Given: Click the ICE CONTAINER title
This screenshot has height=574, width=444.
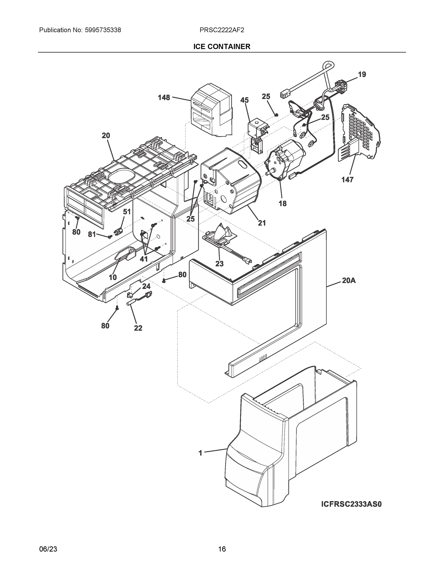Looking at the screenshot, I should pyautogui.click(x=222, y=47).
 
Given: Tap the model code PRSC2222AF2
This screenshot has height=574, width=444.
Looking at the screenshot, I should pyautogui.click(x=222, y=30).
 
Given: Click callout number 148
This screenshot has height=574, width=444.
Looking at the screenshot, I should pyautogui.click(x=164, y=98).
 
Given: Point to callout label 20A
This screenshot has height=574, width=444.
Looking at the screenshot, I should pyautogui.click(x=348, y=281).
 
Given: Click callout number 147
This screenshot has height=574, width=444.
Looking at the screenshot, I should pyautogui.click(x=347, y=180).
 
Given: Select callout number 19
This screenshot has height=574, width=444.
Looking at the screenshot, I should pyautogui.click(x=362, y=75).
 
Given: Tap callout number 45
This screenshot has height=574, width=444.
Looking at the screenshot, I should pyautogui.click(x=244, y=100).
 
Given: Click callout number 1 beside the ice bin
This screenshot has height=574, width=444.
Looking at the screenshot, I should pyautogui.click(x=200, y=453).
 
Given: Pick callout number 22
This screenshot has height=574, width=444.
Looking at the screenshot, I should pyautogui.click(x=138, y=328).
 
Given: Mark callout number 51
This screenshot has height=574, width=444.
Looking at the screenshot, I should pyautogui.click(x=127, y=212).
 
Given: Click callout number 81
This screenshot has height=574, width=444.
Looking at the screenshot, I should pyautogui.click(x=92, y=234).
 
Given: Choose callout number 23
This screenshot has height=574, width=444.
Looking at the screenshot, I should pyautogui.click(x=219, y=264).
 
